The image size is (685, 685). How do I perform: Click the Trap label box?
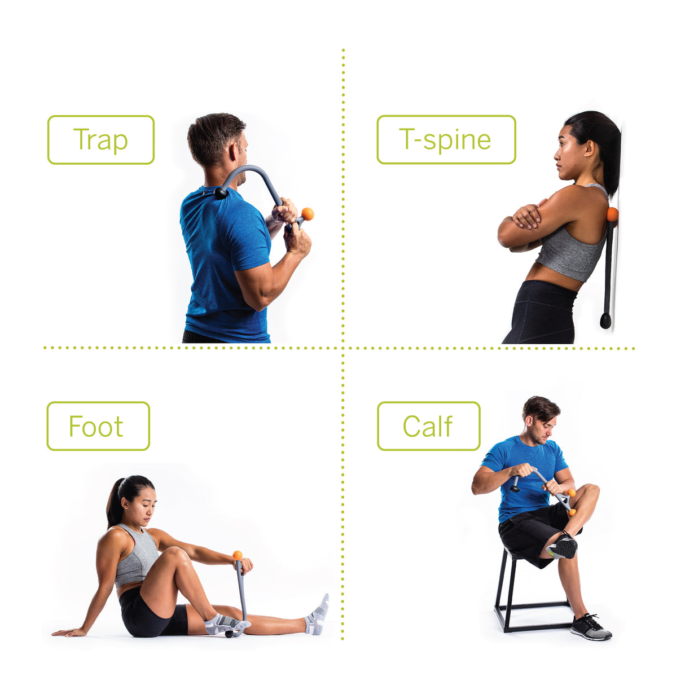click(100, 140)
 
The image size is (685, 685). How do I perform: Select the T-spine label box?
click(446, 140)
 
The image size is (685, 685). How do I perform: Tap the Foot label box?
click(98, 426)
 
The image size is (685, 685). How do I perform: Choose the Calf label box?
click(428, 426)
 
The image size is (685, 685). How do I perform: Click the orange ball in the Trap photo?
click(308, 214)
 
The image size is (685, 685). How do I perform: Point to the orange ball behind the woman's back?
click(612, 214)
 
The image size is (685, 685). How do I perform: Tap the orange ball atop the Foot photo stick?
click(238, 555)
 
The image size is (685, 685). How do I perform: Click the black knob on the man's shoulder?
click(221, 194)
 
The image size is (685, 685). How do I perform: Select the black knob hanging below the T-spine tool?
click(605, 321)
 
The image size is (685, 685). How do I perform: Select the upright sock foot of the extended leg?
click(318, 615)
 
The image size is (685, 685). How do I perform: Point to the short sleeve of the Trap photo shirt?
click(252, 243)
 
